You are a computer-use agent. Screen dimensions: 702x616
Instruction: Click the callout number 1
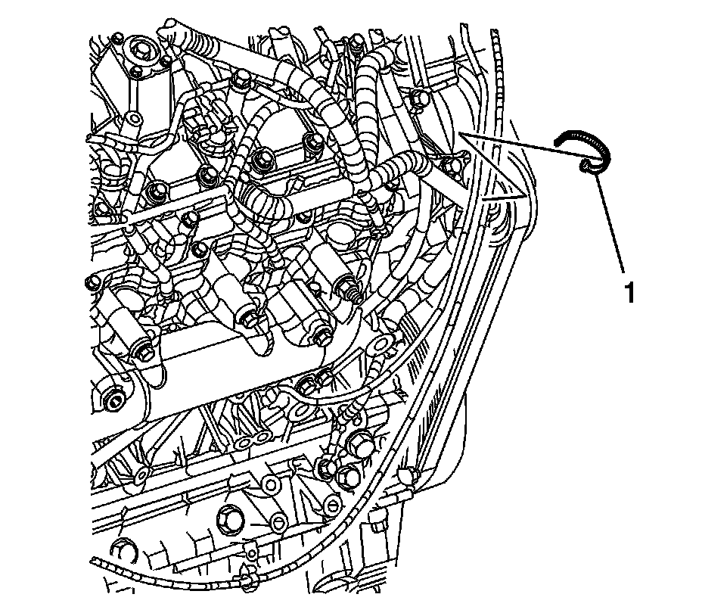628,292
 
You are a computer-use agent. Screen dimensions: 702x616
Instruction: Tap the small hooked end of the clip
589,166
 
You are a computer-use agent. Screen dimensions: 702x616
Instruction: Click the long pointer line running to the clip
514,148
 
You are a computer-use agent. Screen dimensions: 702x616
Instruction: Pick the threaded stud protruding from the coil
351,289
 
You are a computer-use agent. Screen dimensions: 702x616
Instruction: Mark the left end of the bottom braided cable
95,561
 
